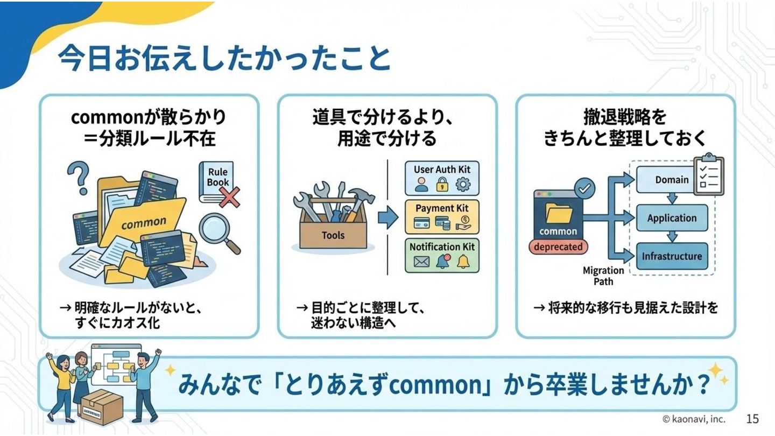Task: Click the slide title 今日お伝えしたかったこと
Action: point(223,58)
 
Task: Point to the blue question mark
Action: point(79,177)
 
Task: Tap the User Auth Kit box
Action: point(441,178)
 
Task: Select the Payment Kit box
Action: point(441,217)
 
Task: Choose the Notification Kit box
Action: point(441,255)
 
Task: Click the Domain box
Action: point(672,180)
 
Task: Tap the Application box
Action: point(672,218)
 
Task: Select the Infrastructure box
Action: point(672,256)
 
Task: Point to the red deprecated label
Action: point(558,247)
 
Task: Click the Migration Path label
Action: point(603,276)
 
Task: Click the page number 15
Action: point(752,419)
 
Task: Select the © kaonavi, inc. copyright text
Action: point(694,419)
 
